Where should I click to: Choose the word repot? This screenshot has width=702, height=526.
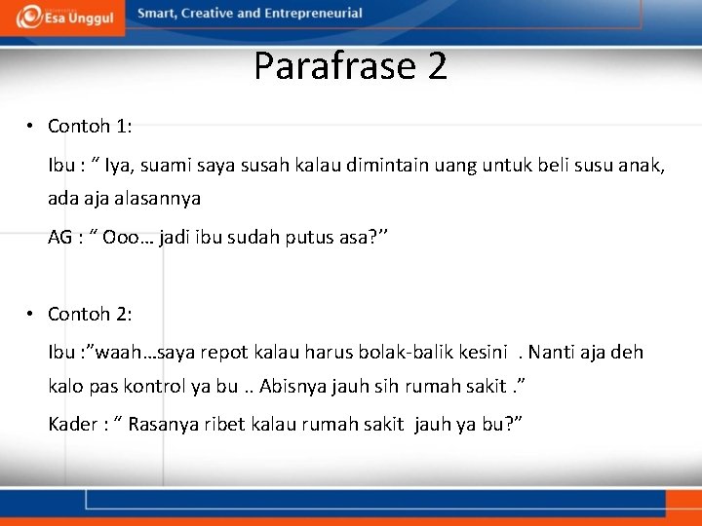click(227, 352)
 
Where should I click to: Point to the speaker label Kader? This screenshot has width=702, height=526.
click(72, 424)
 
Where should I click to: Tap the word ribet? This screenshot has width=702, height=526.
click(220, 424)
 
